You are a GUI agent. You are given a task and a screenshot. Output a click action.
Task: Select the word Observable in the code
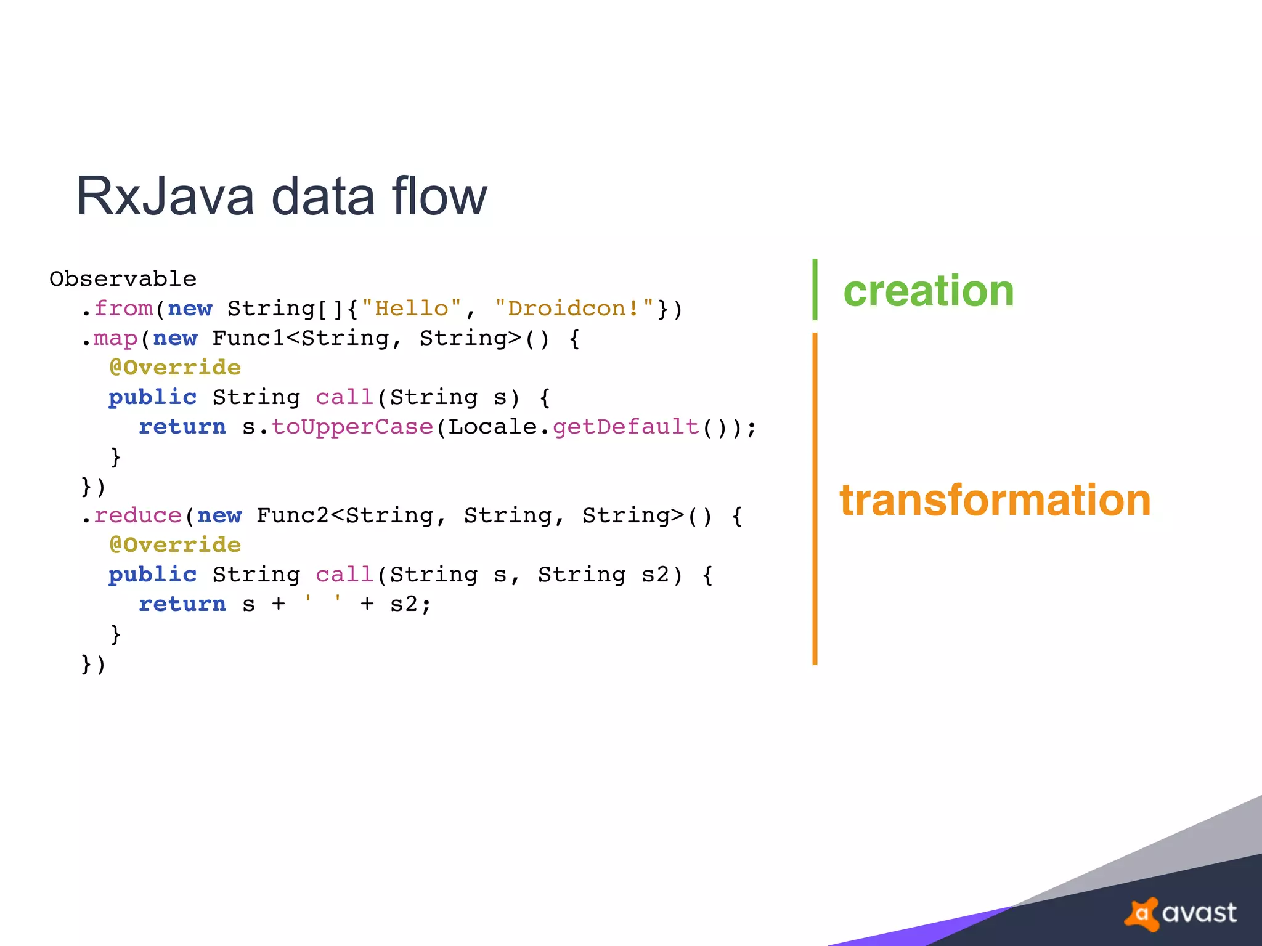123,279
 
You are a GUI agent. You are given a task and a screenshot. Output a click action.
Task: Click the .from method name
123,308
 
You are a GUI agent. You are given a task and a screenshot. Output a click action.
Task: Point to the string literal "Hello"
412,308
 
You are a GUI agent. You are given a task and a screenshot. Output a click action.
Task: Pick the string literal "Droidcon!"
574,308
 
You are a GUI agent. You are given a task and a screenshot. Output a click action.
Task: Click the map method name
115,338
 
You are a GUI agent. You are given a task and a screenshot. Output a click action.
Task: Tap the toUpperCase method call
352,427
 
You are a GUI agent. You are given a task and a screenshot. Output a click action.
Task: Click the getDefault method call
625,427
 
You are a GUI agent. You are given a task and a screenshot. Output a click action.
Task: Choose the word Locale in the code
493,427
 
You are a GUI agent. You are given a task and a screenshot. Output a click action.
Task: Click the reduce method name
137,515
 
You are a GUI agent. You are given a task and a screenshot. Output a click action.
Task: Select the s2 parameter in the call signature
655,575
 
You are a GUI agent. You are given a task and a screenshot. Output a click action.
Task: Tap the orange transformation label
995,500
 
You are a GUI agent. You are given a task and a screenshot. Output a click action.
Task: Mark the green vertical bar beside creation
815,289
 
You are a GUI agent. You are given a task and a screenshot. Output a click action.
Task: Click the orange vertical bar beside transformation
815,499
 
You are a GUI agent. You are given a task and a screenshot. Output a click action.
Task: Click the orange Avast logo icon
1142,913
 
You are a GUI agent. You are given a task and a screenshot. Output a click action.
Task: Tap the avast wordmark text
1199,913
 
